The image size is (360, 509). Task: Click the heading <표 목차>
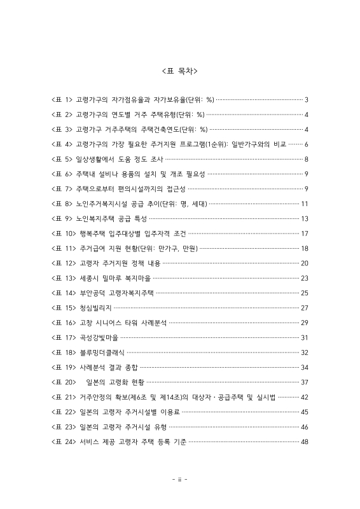[x=180, y=69]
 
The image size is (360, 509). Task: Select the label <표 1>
[x=62, y=100]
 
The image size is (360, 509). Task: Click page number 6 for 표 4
[x=307, y=144]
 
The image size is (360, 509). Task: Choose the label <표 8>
[x=62, y=204]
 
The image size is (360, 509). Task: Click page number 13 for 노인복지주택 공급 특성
[x=305, y=218]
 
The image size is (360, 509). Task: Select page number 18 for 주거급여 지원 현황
[x=305, y=248]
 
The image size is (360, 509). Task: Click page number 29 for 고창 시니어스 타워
[x=305, y=323]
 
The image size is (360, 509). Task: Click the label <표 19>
[x=64, y=367]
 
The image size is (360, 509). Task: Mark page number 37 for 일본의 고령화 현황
[x=305, y=382]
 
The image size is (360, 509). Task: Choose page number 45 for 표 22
[x=305, y=412]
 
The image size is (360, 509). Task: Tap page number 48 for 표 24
[x=305, y=442]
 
